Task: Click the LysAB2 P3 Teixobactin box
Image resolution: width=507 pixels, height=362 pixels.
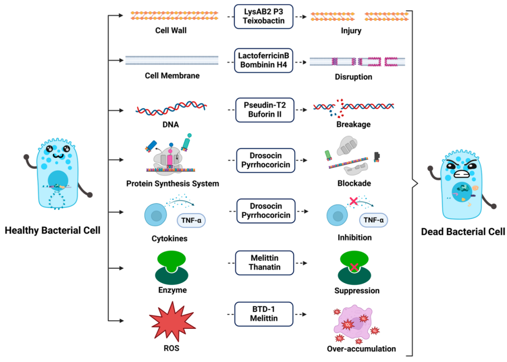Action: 264,16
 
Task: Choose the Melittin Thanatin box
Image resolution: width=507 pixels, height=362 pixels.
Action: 264,263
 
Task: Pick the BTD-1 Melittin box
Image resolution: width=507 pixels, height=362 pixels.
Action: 264,314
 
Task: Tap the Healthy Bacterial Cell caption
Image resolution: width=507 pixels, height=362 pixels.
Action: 52,231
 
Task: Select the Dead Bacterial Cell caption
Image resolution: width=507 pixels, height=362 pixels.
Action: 463,231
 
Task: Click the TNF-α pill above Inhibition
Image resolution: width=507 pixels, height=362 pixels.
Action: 373,220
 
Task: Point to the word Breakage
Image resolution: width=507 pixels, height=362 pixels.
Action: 353,124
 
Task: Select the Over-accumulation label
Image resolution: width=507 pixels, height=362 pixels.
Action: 361,349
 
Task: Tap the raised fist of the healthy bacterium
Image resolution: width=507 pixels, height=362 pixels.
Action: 27,157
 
